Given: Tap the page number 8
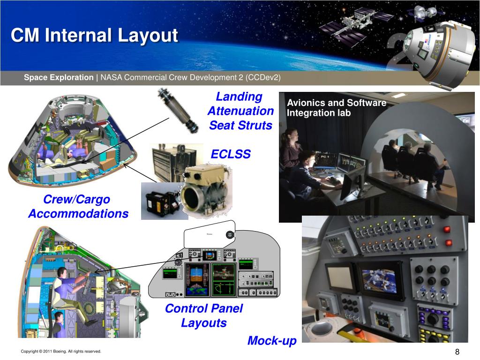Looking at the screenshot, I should (x=457, y=352).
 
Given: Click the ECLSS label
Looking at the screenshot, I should (x=231, y=154).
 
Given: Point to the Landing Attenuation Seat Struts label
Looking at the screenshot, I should (x=240, y=111).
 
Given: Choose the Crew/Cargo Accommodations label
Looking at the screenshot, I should (x=78, y=207).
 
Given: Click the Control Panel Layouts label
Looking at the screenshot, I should (x=204, y=315).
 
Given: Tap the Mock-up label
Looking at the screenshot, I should (x=272, y=341).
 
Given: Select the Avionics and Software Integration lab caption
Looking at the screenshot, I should (x=336, y=108).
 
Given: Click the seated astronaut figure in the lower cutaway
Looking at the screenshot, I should (x=66, y=291).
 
